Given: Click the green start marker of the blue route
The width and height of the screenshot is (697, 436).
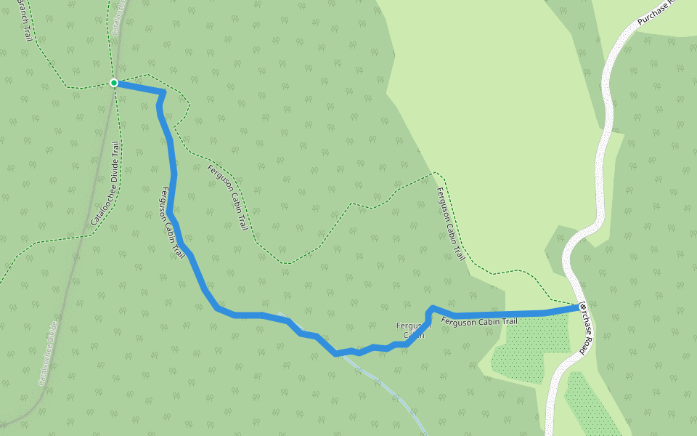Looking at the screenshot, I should point(114,83).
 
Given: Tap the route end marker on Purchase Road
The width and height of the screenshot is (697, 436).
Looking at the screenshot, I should point(582,307).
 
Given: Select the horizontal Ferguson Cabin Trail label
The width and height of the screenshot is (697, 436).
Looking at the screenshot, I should point(479,320).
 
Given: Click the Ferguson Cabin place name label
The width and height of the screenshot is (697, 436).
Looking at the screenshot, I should point(414,331).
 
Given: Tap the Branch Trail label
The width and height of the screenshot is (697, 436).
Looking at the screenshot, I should point(24,20).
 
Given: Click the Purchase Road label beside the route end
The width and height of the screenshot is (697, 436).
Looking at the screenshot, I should point(587,331).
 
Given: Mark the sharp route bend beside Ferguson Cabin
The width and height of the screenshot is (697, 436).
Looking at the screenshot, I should point(431,309).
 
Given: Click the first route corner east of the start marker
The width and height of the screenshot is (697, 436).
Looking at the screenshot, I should point(163,92).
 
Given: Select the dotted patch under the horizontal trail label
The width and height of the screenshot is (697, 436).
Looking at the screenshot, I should point(524,349).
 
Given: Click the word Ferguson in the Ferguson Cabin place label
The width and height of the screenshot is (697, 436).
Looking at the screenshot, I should point(414,326).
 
